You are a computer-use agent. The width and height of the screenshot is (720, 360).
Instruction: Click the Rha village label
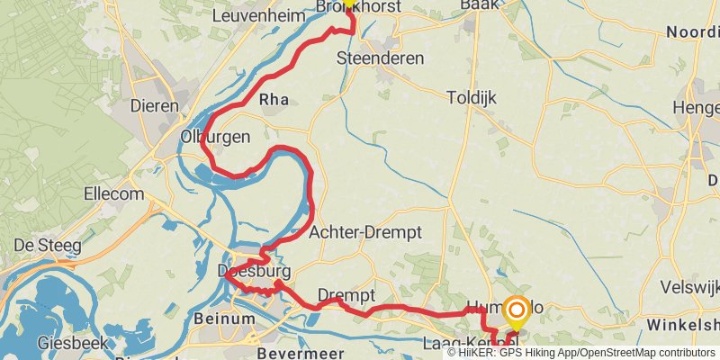(274, 100)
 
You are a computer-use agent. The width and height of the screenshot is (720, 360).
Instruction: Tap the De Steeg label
(48, 245)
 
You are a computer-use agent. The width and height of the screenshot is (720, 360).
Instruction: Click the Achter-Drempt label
(364, 232)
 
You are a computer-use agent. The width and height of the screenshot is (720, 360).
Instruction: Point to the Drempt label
(346, 295)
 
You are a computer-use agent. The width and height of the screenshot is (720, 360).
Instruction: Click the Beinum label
(224, 318)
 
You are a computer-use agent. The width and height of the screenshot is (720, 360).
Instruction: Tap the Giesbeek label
(75, 343)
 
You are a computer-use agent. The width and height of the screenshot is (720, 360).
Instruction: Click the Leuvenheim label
(251, 15)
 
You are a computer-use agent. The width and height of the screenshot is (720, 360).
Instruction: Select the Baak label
(479, 5)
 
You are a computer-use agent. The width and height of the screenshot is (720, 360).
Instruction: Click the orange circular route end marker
(517, 312)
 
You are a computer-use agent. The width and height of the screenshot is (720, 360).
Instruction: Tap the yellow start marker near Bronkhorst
(349, 4)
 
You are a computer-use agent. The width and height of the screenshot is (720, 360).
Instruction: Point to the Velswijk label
(690, 287)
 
